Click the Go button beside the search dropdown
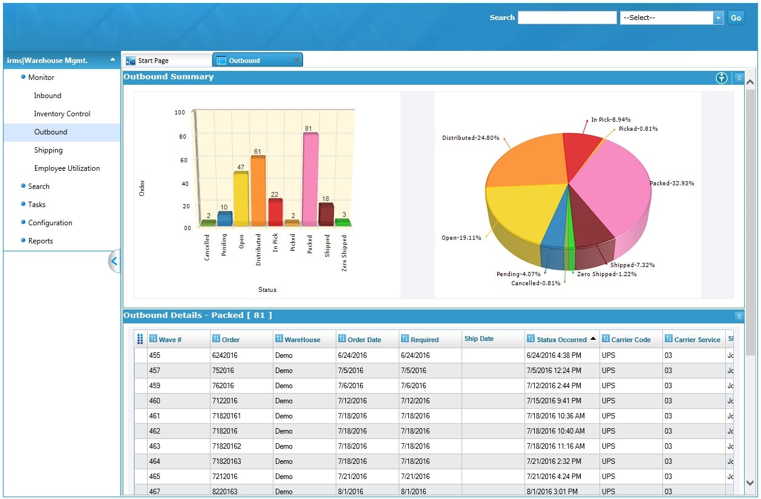[x=736, y=18]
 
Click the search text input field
[x=567, y=18]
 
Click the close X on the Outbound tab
[x=296, y=61]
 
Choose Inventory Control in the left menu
[x=62, y=114]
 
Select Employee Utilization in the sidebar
[x=67, y=168]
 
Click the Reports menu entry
[x=41, y=241]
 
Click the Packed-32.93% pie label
[x=671, y=183]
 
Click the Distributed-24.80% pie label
[x=471, y=138]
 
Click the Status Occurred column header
[x=561, y=340]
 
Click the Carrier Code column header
[x=630, y=340]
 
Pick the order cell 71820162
[x=226, y=446]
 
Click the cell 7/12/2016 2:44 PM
[x=554, y=385]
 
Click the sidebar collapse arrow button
[x=114, y=262]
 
